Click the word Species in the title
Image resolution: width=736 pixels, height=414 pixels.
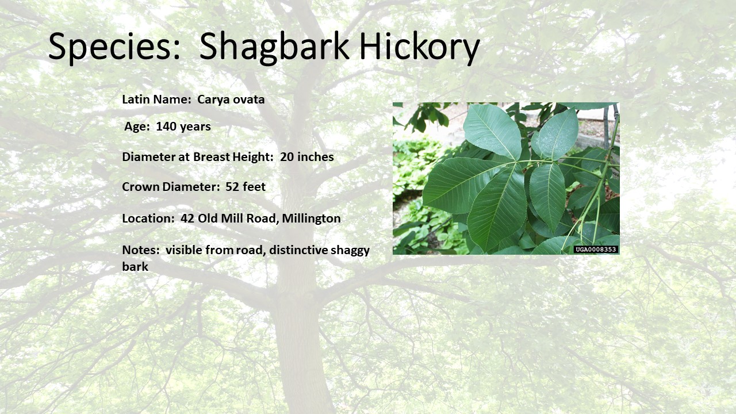click(x=114, y=46)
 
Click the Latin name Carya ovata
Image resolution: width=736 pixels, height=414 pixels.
click(x=231, y=99)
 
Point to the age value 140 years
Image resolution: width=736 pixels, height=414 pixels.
click(x=183, y=126)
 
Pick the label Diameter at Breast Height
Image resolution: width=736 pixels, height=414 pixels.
click(x=197, y=157)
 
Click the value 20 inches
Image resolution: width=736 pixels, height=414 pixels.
click(x=307, y=157)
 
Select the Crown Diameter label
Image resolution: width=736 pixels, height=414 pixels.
click(x=170, y=187)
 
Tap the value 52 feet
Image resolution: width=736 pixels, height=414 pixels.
click(x=246, y=187)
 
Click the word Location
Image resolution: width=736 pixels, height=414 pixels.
click(x=147, y=218)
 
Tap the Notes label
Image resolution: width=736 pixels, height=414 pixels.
click(x=139, y=250)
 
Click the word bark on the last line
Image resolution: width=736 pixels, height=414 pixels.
click(x=135, y=266)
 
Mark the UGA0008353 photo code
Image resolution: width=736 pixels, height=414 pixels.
click(x=596, y=250)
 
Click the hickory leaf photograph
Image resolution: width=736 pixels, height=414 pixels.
click(x=506, y=178)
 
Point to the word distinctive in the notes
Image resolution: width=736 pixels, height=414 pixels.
click(x=298, y=250)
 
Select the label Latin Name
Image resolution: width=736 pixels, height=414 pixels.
click(x=155, y=99)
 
